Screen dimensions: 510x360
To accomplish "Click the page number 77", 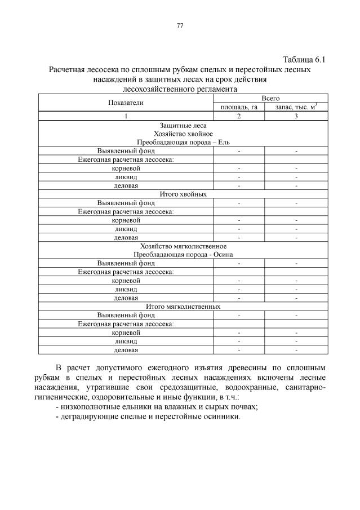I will click(x=180, y=26).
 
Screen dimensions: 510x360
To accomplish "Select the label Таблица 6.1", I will click(x=304, y=60).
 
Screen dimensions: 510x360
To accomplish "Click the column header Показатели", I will click(x=126, y=103).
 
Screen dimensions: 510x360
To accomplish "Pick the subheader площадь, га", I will click(x=239, y=107).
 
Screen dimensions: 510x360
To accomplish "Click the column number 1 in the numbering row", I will click(x=126, y=116).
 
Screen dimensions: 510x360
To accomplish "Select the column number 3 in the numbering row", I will click(x=296, y=116).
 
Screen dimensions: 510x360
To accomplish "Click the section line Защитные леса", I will click(x=183, y=126).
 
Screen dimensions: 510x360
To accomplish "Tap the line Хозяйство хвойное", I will click(x=183, y=134).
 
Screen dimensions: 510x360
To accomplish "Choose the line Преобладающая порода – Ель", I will click(x=183, y=143).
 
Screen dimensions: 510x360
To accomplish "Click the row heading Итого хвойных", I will click(x=183, y=194).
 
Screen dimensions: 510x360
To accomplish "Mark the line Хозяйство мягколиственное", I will click(x=183, y=246).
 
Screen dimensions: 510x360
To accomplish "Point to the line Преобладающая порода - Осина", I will click(x=183, y=254).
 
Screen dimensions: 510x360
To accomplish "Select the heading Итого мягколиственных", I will click(x=183, y=306).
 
